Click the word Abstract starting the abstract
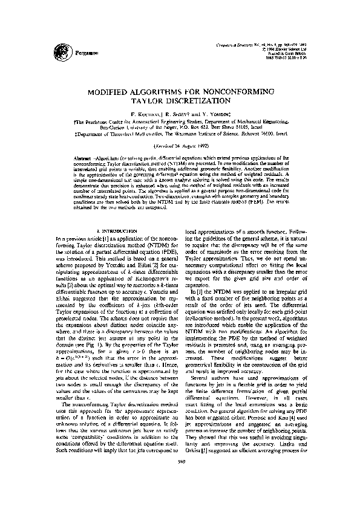click(x=82, y=157)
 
